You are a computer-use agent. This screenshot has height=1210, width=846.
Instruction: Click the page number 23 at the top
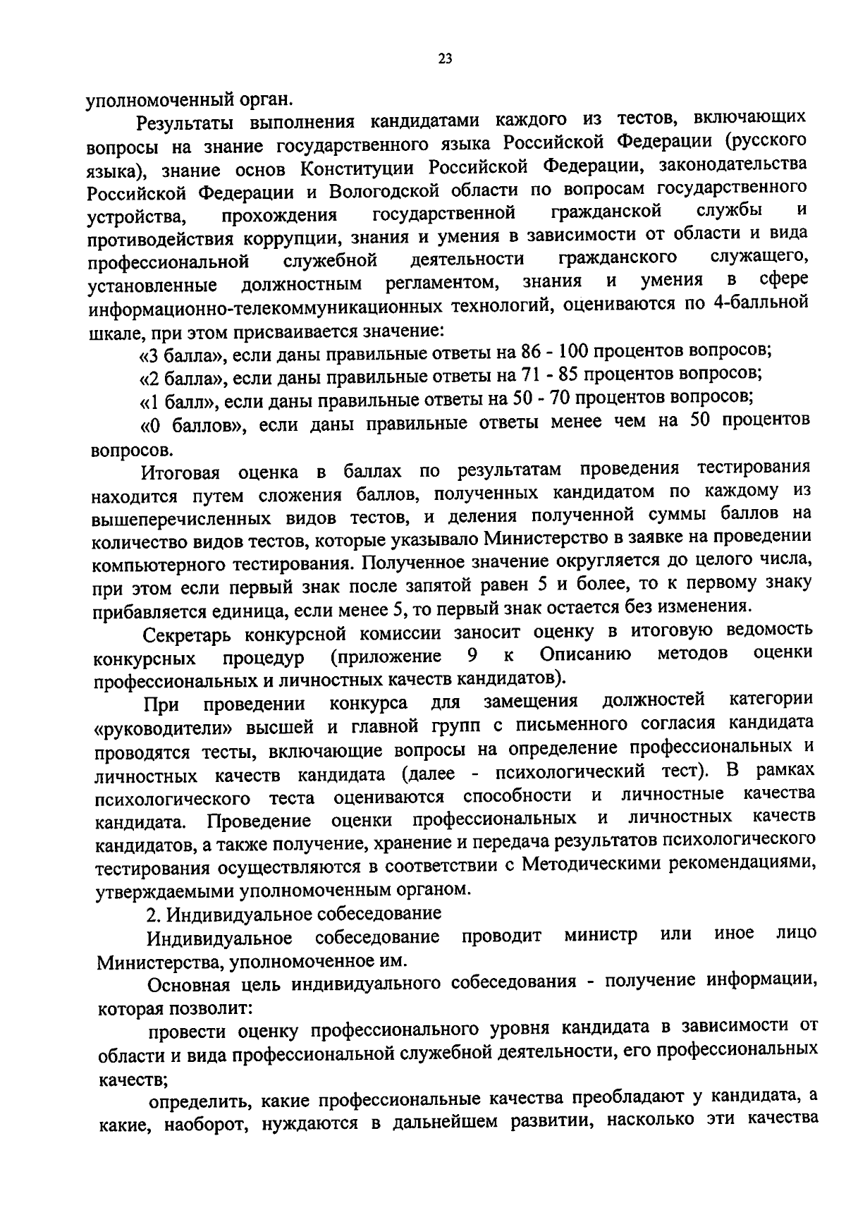point(444,59)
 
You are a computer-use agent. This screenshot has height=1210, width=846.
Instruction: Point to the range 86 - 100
point(562,350)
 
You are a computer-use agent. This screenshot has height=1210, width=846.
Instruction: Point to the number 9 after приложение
point(472,656)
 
